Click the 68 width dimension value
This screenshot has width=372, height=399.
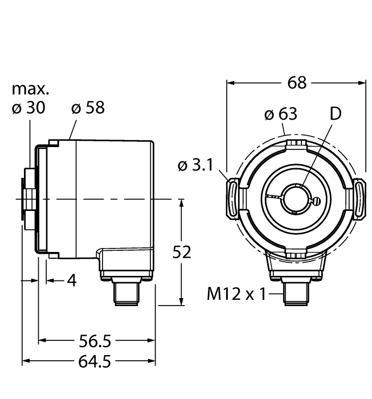click(x=296, y=83)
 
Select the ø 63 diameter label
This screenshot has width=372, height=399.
click(x=280, y=114)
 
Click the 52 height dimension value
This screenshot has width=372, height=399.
click(x=182, y=252)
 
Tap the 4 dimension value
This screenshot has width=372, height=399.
click(x=71, y=280)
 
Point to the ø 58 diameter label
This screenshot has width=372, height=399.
click(x=88, y=108)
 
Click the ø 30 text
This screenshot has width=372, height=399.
click(x=28, y=108)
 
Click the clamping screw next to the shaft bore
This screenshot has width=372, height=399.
click(x=314, y=200)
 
